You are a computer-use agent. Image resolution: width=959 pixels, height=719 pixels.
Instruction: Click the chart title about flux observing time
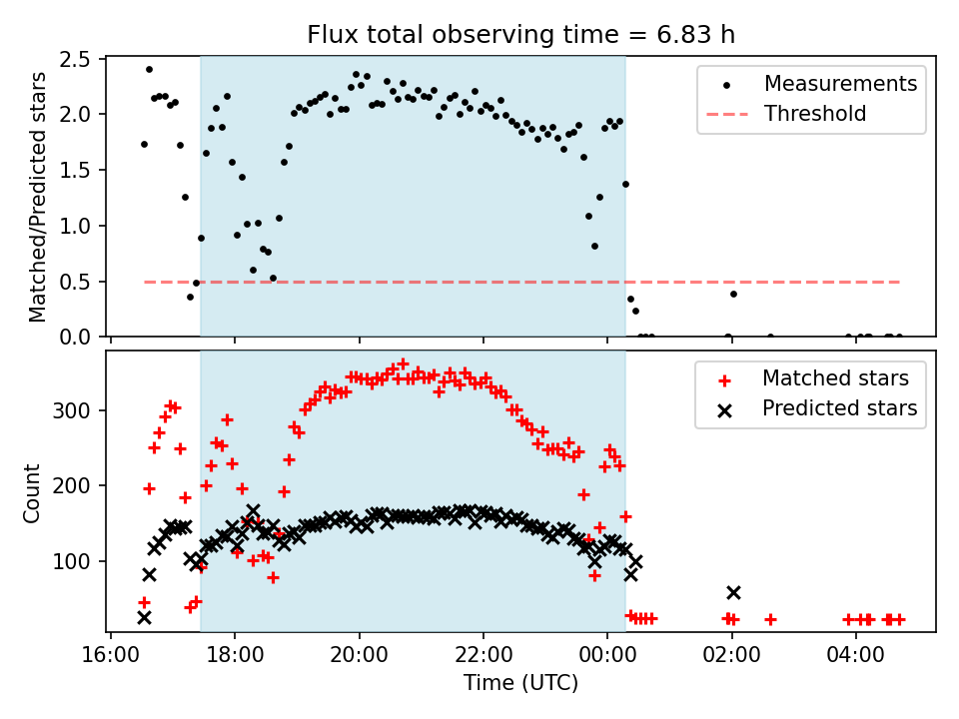tap(520, 35)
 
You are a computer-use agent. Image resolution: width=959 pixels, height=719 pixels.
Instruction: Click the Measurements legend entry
tap(840, 84)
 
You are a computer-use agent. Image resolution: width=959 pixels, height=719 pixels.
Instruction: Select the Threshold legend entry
tap(815, 114)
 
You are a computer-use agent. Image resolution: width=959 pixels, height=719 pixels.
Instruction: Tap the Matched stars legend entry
tap(835, 378)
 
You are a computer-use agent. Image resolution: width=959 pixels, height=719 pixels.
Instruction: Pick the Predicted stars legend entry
tap(839, 407)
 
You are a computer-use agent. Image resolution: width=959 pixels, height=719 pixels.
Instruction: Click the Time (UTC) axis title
tap(520, 684)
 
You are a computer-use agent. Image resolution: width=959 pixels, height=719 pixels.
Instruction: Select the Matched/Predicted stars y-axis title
tap(38, 197)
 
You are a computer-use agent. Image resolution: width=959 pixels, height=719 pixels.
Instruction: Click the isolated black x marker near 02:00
tap(733, 593)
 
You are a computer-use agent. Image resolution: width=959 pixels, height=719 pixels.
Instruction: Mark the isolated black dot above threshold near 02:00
tap(733, 294)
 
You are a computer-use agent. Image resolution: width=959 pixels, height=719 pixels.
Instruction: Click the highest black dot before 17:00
tap(149, 69)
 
